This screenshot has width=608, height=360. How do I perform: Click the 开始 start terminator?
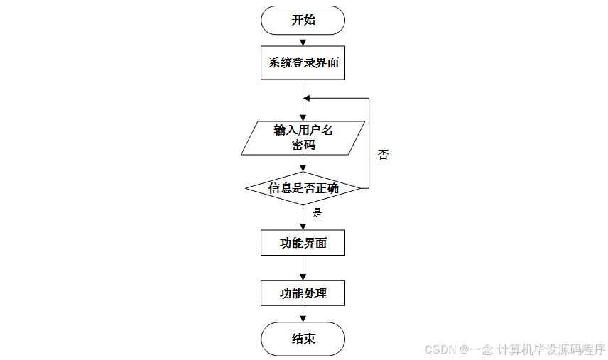[303, 20]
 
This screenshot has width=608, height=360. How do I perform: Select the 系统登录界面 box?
[303, 63]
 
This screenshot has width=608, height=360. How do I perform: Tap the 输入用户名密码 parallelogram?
[303, 138]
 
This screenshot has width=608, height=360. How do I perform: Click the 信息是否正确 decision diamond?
[303, 188]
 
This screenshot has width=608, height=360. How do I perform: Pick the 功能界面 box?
[303, 243]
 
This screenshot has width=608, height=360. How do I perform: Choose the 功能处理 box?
[303, 293]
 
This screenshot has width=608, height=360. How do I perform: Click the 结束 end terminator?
[303, 339]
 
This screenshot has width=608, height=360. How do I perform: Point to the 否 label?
[383, 155]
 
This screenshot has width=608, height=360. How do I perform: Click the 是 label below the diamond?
[317, 212]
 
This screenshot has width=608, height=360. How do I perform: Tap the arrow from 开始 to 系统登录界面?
[303, 41]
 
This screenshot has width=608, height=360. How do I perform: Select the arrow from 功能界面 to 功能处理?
[303, 268]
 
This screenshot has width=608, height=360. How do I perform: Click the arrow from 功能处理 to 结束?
[303, 314]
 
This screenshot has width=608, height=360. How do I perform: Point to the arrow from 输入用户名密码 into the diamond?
[303, 163]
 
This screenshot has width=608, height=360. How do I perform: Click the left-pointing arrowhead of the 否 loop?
[307, 98]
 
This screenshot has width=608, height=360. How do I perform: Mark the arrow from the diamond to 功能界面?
[303, 217]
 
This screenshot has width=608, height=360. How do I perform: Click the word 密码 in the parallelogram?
[303, 146]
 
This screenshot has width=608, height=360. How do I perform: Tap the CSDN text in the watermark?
[440, 349]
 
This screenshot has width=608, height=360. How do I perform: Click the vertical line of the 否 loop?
[369, 142]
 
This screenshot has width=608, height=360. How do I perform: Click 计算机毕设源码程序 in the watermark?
[551, 349]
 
